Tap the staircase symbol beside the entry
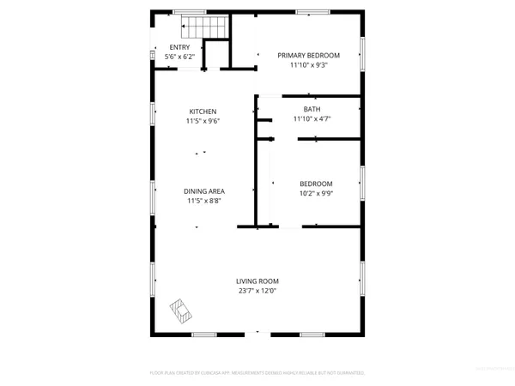[x=209, y=28]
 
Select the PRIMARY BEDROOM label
[x=309, y=55]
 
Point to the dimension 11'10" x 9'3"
[x=309, y=64]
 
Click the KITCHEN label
[x=203, y=112]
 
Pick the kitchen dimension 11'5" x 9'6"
[x=203, y=121]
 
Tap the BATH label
[x=312, y=109]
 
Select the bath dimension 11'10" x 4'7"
[x=312, y=119]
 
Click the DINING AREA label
[x=203, y=191]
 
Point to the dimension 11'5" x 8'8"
[x=203, y=201]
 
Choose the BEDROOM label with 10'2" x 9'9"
[x=316, y=184]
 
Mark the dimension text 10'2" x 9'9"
[x=316, y=193]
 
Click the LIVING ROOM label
[x=258, y=280]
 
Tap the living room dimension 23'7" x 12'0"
[x=258, y=290]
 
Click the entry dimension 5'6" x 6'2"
[x=180, y=57]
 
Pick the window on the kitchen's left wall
[x=153, y=119]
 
